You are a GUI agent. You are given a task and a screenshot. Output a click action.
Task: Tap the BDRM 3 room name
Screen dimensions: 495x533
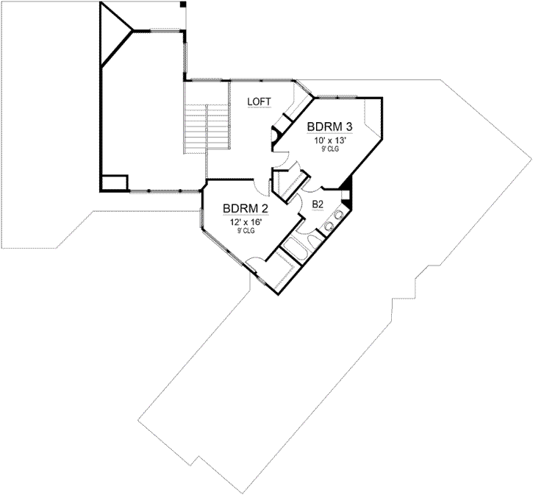coord(330,126)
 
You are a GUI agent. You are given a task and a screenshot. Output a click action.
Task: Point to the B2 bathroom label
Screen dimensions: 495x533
coord(318,204)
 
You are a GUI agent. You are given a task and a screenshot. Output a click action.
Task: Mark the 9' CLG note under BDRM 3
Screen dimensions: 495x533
coord(330,149)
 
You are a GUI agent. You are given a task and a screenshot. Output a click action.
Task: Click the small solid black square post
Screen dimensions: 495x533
coord(183,4)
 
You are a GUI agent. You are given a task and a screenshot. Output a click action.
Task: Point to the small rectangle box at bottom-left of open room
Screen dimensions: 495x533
coord(115,182)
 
